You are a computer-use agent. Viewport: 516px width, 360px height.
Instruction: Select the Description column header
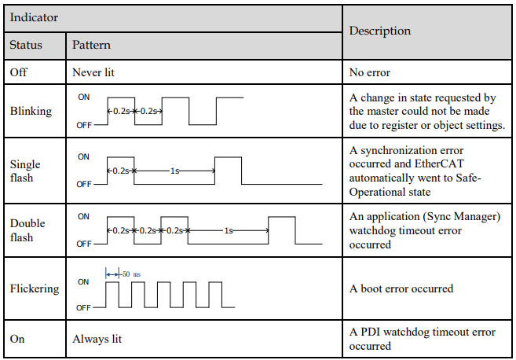(380, 31)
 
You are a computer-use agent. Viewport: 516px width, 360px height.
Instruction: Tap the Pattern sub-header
(91, 45)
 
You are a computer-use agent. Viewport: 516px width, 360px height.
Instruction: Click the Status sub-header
(26, 45)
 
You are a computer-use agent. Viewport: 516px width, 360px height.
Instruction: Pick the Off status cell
(18, 72)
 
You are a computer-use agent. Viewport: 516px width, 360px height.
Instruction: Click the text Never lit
(93, 72)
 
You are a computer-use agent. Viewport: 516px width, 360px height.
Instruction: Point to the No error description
(370, 72)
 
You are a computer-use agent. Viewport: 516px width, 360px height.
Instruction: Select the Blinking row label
(31, 112)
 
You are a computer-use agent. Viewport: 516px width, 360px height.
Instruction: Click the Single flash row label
(25, 171)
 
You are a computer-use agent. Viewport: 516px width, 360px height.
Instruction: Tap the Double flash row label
(27, 230)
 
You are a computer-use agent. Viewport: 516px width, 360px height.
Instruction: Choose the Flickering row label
(35, 288)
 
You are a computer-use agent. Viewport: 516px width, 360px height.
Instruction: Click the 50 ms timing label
(131, 274)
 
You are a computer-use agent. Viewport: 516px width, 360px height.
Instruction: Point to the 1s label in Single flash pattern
(174, 171)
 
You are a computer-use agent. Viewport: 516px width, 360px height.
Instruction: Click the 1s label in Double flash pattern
(229, 230)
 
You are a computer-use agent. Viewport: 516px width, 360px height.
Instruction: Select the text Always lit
(97, 339)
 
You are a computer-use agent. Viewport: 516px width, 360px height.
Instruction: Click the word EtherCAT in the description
(439, 163)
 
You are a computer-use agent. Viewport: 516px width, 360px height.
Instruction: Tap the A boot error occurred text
(401, 288)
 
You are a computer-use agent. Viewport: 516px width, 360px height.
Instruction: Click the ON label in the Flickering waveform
(83, 282)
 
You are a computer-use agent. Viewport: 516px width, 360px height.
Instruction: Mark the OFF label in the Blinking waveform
(84, 126)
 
